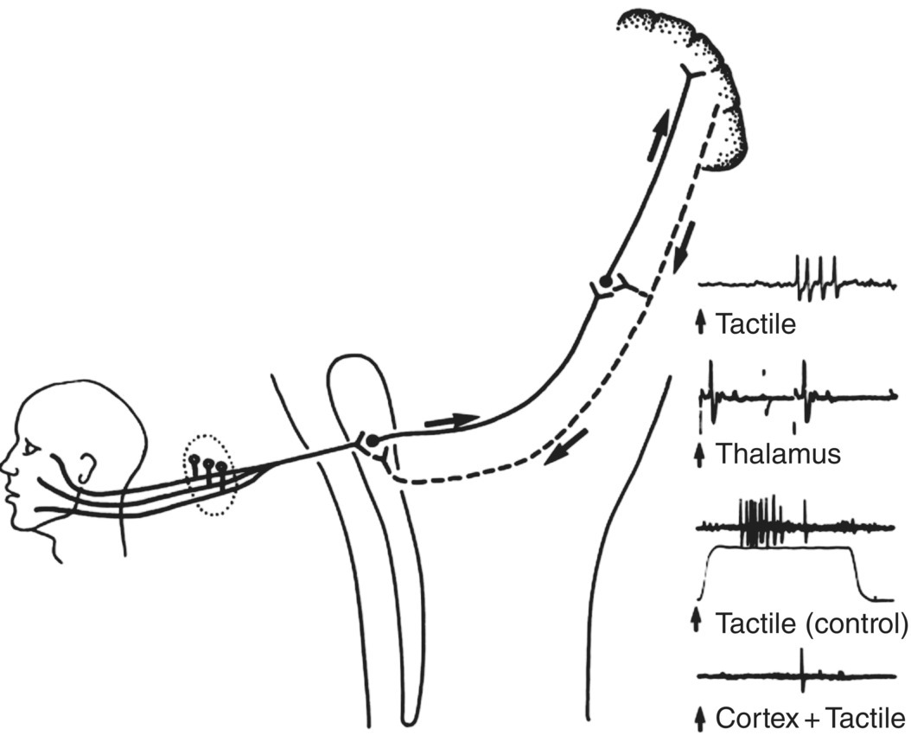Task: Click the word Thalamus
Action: tap(779, 453)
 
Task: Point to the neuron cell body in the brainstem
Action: tap(371, 441)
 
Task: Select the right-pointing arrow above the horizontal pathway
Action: tap(453, 420)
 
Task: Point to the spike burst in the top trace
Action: tap(816, 278)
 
